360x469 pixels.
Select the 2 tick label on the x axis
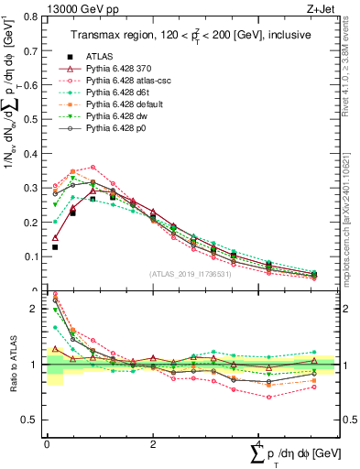[x=152, y=443]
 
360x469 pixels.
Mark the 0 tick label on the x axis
[x=47, y=443]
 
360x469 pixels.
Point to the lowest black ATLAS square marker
[x=55, y=247]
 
